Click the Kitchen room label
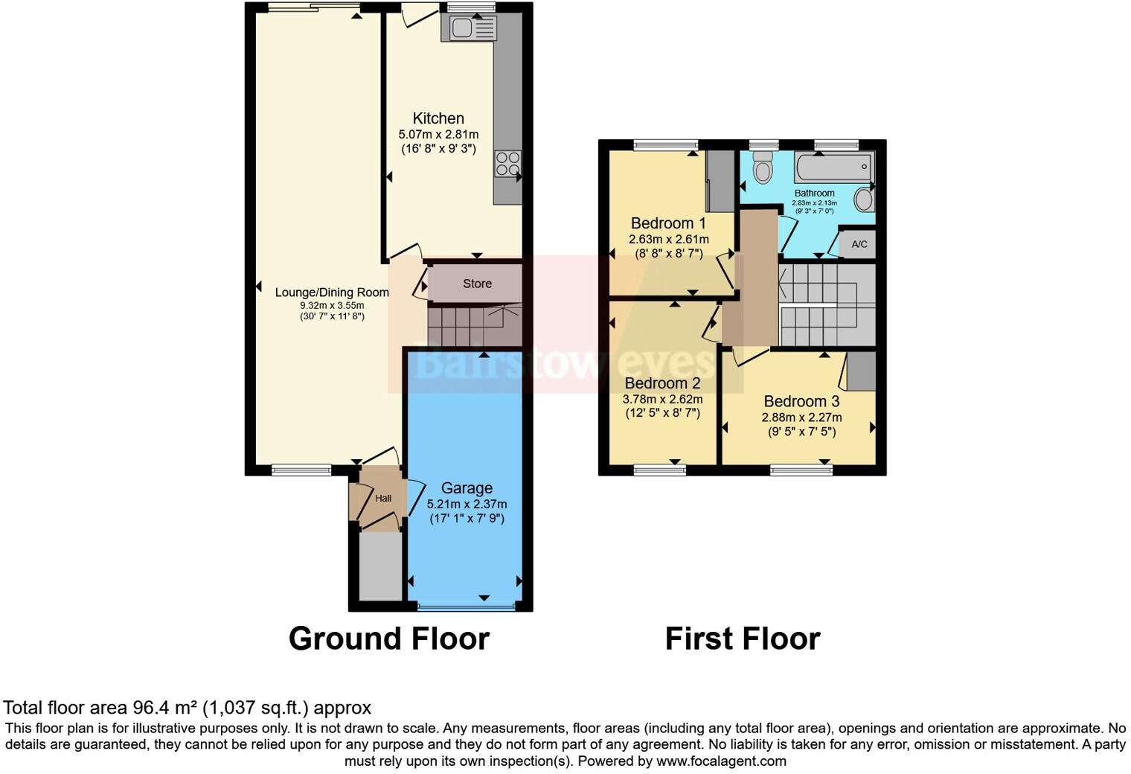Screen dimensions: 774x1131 click(438, 118)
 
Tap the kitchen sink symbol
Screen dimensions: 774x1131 click(469, 28)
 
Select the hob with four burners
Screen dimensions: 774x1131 click(508, 164)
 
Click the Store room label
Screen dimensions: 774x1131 click(477, 284)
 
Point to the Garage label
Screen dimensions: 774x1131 click(467, 488)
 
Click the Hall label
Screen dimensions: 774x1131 click(383, 499)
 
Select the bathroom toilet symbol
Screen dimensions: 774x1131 click(763, 167)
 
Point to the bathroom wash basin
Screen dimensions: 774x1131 click(864, 199)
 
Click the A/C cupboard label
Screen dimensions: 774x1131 click(859, 245)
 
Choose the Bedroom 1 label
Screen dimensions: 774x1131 click(668, 223)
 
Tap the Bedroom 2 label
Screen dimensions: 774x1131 click(662, 384)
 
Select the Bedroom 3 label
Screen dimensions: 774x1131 click(801, 402)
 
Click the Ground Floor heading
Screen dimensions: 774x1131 click(388, 639)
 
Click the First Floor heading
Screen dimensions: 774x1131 click(742, 639)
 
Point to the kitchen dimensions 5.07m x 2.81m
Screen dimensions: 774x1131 click(438, 135)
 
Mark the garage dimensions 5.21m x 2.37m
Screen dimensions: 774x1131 click(467, 504)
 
